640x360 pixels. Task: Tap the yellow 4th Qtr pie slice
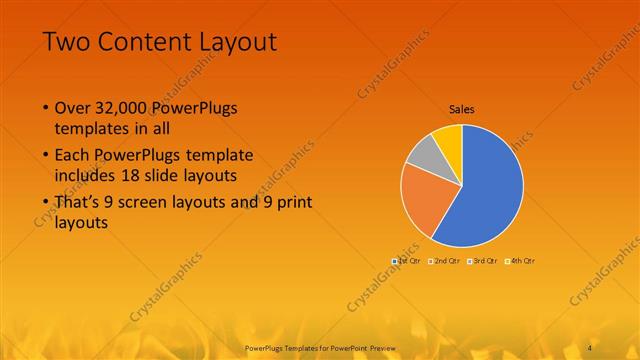coord(449,139)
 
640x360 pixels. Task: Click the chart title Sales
coord(461,109)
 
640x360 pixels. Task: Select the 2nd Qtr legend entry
coord(445,261)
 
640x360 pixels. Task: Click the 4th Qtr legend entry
coord(521,261)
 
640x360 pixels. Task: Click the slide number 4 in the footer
coord(591,346)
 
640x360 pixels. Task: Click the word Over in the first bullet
coord(73,107)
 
